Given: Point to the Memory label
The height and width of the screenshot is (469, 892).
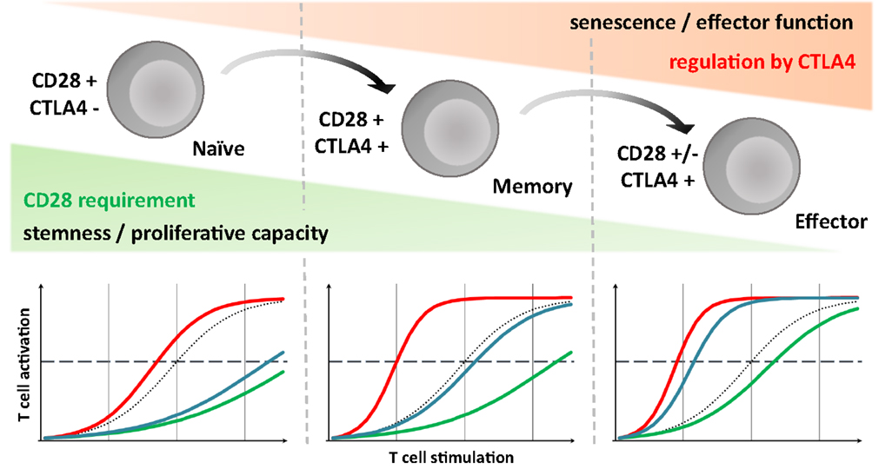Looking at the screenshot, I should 531,186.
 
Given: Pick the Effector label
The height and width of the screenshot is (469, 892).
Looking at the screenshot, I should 831,222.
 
